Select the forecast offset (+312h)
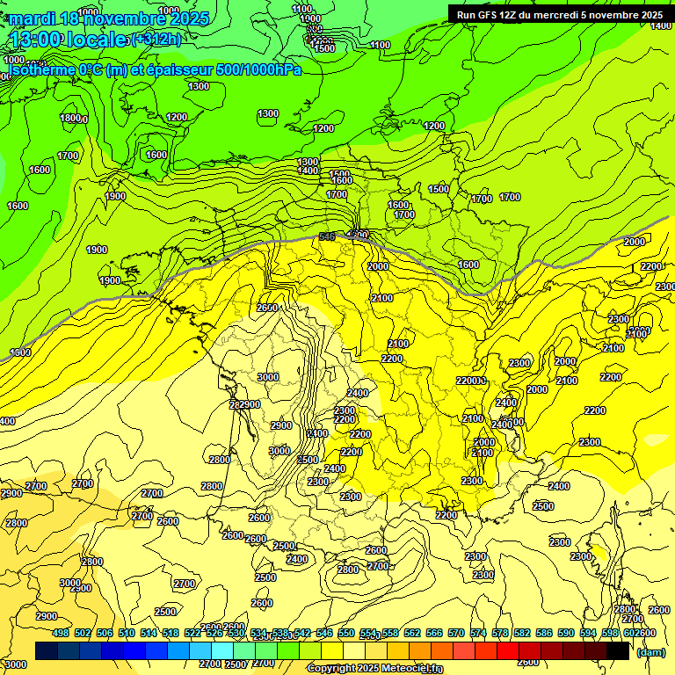coord(156,40)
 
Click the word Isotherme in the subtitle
coord(40,69)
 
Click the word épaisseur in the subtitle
coord(177,69)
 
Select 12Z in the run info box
coord(515,15)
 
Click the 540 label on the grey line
coord(327,238)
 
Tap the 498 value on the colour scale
coord(61,633)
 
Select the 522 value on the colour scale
coord(192,633)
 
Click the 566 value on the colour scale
coord(434,633)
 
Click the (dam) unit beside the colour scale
coord(650,651)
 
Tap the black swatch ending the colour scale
coord(618,650)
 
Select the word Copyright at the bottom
coord(332,669)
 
